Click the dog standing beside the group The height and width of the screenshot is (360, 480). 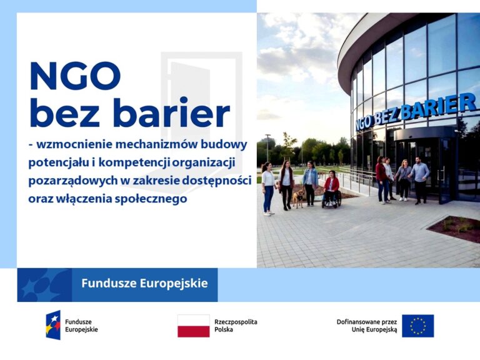[299, 198]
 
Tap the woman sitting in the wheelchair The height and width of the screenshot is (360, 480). [331, 188]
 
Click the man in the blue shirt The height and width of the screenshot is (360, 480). [421, 179]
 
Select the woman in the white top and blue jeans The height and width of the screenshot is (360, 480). [267, 188]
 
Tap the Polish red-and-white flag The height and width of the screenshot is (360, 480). [193, 326]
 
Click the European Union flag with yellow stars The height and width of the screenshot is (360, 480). [417, 326]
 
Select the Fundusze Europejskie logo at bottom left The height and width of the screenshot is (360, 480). [54, 325]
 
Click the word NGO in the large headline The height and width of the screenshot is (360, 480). [74, 76]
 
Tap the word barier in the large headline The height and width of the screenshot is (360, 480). [171, 114]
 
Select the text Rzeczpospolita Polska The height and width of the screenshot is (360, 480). [236, 325]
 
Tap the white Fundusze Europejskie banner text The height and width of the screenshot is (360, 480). [144, 283]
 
